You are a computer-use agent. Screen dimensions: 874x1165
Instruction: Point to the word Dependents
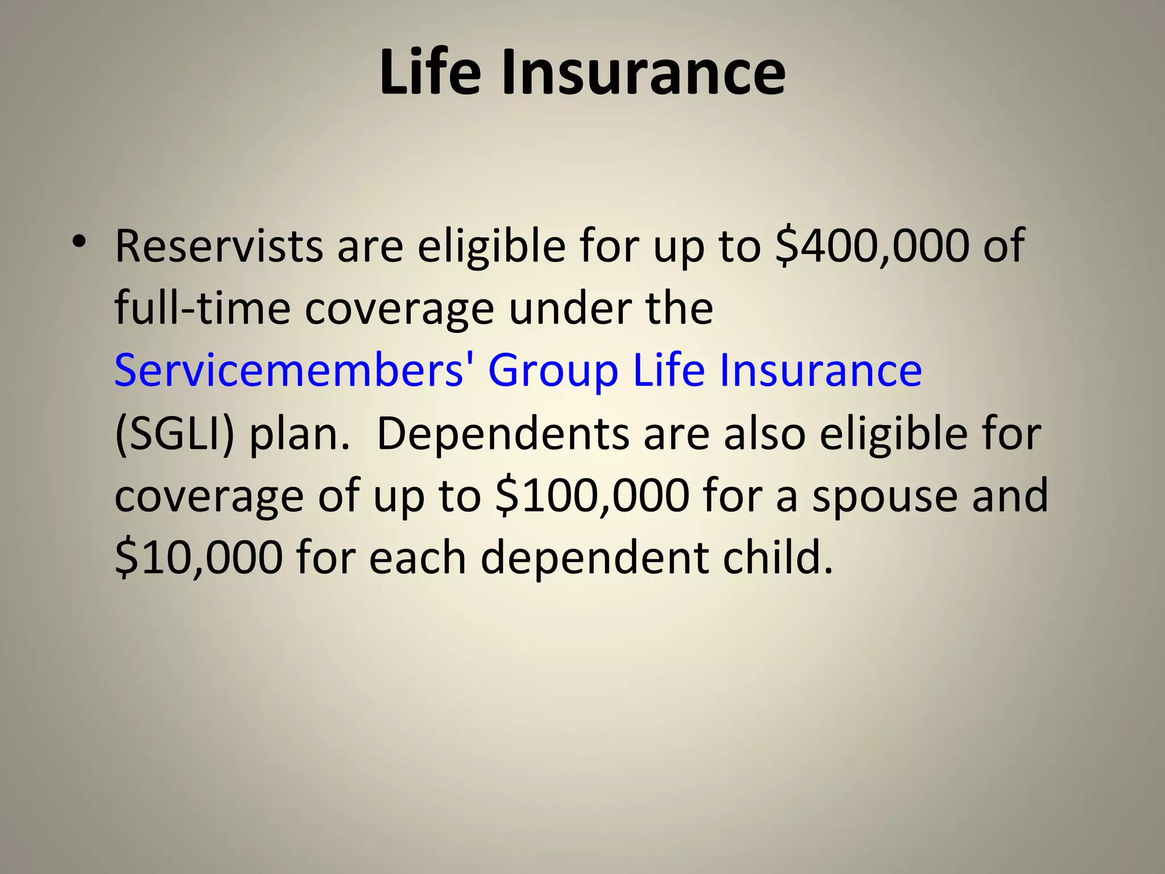[x=503, y=434]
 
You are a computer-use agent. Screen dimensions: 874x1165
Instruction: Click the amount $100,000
[x=592, y=496]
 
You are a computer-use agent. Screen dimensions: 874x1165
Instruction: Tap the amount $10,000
[x=199, y=558]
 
